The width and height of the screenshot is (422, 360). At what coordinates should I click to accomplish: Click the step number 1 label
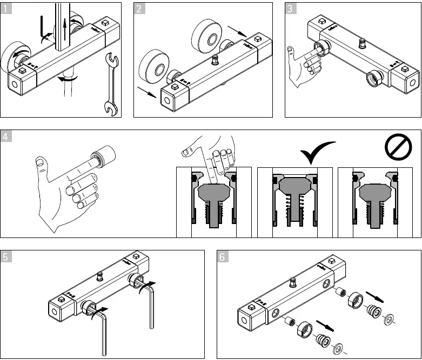tap(6, 9)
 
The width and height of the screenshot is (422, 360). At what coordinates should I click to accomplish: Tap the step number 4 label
tap(6, 137)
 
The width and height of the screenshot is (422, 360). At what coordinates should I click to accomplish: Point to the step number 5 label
tap(6, 257)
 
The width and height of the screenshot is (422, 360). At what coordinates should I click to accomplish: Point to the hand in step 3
tap(303, 67)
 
